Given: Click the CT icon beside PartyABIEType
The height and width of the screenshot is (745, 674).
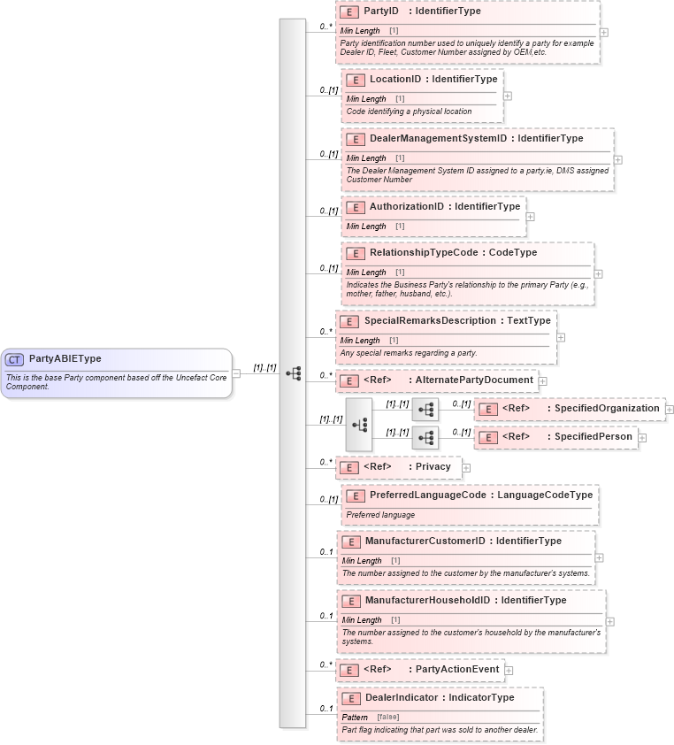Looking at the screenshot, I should [x=14, y=359].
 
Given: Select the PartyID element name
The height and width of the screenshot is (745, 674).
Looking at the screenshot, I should [x=381, y=12].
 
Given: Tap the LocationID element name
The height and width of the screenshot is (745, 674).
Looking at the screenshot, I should [x=395, y=80].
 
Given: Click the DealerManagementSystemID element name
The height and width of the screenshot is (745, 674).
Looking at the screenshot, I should [x=438, y=139].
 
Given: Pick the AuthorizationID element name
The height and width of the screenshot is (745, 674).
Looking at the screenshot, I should [x=406, y=207].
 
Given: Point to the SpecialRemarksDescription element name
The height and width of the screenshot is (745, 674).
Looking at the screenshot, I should [x=433, y=321].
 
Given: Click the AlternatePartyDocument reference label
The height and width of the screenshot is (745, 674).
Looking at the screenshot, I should [x=474, y=380].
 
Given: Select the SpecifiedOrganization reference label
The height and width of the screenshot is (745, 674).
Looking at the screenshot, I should [x=607, y=409].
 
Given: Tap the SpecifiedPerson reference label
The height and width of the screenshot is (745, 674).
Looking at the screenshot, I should [x=593, y=437].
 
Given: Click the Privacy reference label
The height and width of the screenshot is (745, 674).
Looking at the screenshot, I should [x=433, y=467].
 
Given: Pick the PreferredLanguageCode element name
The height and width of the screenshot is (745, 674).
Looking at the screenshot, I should [x=427, y=495].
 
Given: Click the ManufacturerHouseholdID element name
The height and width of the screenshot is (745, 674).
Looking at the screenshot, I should [x=427, y=601].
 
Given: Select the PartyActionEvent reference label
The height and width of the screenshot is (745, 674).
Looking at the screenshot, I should [x=457, y=670].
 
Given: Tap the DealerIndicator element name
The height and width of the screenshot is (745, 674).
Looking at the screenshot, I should [x=402, y=698].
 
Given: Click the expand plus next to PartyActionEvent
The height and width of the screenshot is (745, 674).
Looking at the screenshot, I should [x=509, y=671].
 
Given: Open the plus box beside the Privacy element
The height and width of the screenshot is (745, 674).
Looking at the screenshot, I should [x=466, y=468].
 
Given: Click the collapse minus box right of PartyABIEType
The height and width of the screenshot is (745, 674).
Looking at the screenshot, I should [x=236, y=373].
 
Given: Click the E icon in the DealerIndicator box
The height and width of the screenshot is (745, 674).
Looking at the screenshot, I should [x=350, y=699].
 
